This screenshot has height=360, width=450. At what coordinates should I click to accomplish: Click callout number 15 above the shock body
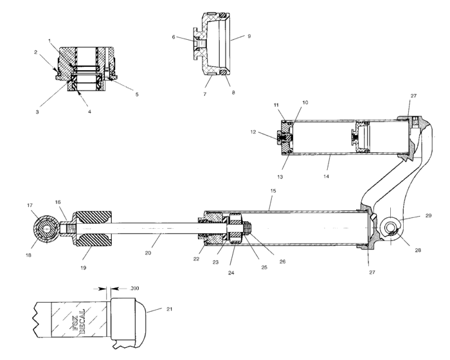[x=273, y=191]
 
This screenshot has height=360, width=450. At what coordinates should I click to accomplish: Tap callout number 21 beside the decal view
[x=169, y=309]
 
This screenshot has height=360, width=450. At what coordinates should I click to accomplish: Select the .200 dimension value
[x=134, y=288]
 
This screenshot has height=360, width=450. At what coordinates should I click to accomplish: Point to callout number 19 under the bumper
[x=83, y=268]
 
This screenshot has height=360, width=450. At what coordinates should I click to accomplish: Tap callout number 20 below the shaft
[x=148, y=253]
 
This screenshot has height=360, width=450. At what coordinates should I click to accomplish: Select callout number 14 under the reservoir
[x=326, y=176]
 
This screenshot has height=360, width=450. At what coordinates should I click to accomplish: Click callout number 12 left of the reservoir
[x=253, y=132]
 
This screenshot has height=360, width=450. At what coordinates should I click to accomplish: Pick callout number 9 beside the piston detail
[x=249, y=36]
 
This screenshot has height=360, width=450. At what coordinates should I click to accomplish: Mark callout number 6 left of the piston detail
[x=174, y=37]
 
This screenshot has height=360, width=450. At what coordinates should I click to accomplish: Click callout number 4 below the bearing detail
[x=89, y=112]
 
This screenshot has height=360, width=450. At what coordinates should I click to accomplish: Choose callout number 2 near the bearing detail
[x=35, y=52]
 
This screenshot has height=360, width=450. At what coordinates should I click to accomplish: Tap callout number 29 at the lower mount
[x=428, y=215]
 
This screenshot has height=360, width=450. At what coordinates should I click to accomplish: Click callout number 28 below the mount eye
[x=418, y=250]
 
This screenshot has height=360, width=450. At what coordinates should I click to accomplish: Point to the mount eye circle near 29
[x=390, y=228]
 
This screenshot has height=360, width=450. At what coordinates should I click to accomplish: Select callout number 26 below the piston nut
[x=282, y=262]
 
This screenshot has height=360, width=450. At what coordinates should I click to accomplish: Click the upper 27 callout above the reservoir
[x=413, y=96]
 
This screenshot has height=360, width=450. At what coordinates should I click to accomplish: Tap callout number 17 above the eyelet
[x=30, y=205]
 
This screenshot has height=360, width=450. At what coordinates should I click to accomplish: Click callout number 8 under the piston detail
[x=233, y=93]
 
